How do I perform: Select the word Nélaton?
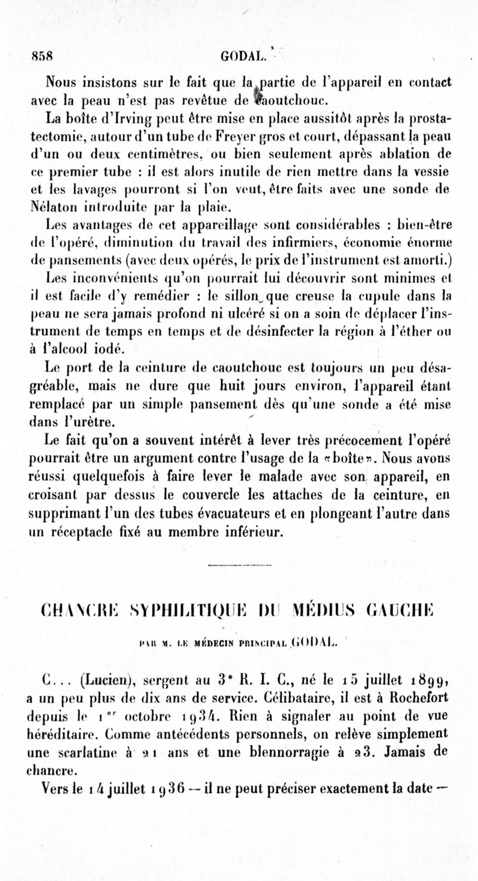pos(53,208)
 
